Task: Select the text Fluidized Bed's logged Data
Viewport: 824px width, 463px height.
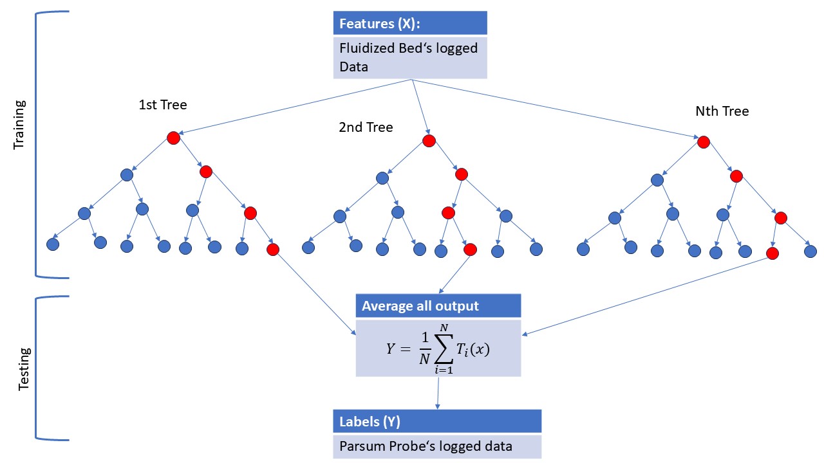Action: click(x=409, y=57)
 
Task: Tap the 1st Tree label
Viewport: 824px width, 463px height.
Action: click(x=162, y=104)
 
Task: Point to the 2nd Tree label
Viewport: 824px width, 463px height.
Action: click(x=366, y=127)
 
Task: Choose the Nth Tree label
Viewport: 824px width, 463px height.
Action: click(x=722, y=111)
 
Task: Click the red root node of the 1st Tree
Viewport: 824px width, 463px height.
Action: click(x=173, y=138)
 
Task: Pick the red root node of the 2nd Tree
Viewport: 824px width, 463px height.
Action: click(x=428, y=141)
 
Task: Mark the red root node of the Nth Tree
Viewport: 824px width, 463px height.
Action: click(x=704, y=141)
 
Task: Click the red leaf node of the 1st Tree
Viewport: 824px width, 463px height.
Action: click(x=272, y=249)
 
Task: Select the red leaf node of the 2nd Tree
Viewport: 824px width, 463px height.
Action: click(x=470, y=250)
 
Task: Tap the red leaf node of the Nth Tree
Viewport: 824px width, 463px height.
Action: click(x=772, y=253)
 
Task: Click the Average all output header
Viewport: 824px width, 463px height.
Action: click(x=438, y=306)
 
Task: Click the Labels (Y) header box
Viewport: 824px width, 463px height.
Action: click(x=437, y=422)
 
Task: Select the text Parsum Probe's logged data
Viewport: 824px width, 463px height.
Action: click(x=426, y=446)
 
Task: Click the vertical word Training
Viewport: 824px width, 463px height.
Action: click(x=19, y=124)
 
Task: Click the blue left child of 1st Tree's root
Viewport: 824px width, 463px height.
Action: click(x=127, y=174)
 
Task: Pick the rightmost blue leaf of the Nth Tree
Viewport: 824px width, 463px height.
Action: click(x=810, y=251)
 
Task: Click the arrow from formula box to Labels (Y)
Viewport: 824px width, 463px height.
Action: click(x=438, y=392)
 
